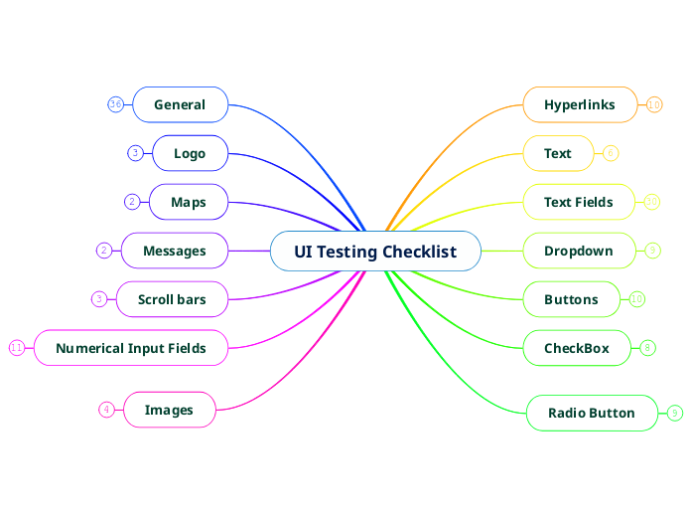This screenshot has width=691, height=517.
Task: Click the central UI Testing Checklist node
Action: (x=375, y=252)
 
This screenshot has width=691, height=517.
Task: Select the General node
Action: (x=180, y=104)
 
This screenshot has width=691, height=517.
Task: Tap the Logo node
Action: (x=190, y=153)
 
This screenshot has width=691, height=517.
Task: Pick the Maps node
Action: (x=189, y=202)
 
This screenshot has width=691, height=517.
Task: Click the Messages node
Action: (x=175, y=251)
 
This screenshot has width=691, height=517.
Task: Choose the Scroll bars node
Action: (x=172, y=299)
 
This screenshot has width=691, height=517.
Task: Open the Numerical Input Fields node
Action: (x=131, y=348)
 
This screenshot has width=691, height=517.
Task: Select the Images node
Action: (x=169, y=410)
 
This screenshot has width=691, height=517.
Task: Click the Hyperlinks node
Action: (x=580, y=104)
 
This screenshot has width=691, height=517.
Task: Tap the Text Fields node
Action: (x=579, y=202)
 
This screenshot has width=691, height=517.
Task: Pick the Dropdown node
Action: (x=579, y=251)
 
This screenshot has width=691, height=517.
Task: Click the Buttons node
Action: (x=571, y=299)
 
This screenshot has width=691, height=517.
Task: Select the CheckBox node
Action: (x=577, y=348)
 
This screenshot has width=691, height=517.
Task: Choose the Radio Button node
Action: (x=592, y=413)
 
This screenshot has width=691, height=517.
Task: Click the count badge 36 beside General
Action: (x=116, y=104)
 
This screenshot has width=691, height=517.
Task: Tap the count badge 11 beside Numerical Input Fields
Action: (x=17, y=348)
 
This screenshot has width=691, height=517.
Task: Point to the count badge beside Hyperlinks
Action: (x=654, y=104)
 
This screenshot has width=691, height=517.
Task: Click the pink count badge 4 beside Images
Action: (x=106, y=410)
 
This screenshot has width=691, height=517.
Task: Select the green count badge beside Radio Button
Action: (x=674, y=413)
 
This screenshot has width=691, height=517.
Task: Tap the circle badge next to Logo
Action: (x=135, y=153)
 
